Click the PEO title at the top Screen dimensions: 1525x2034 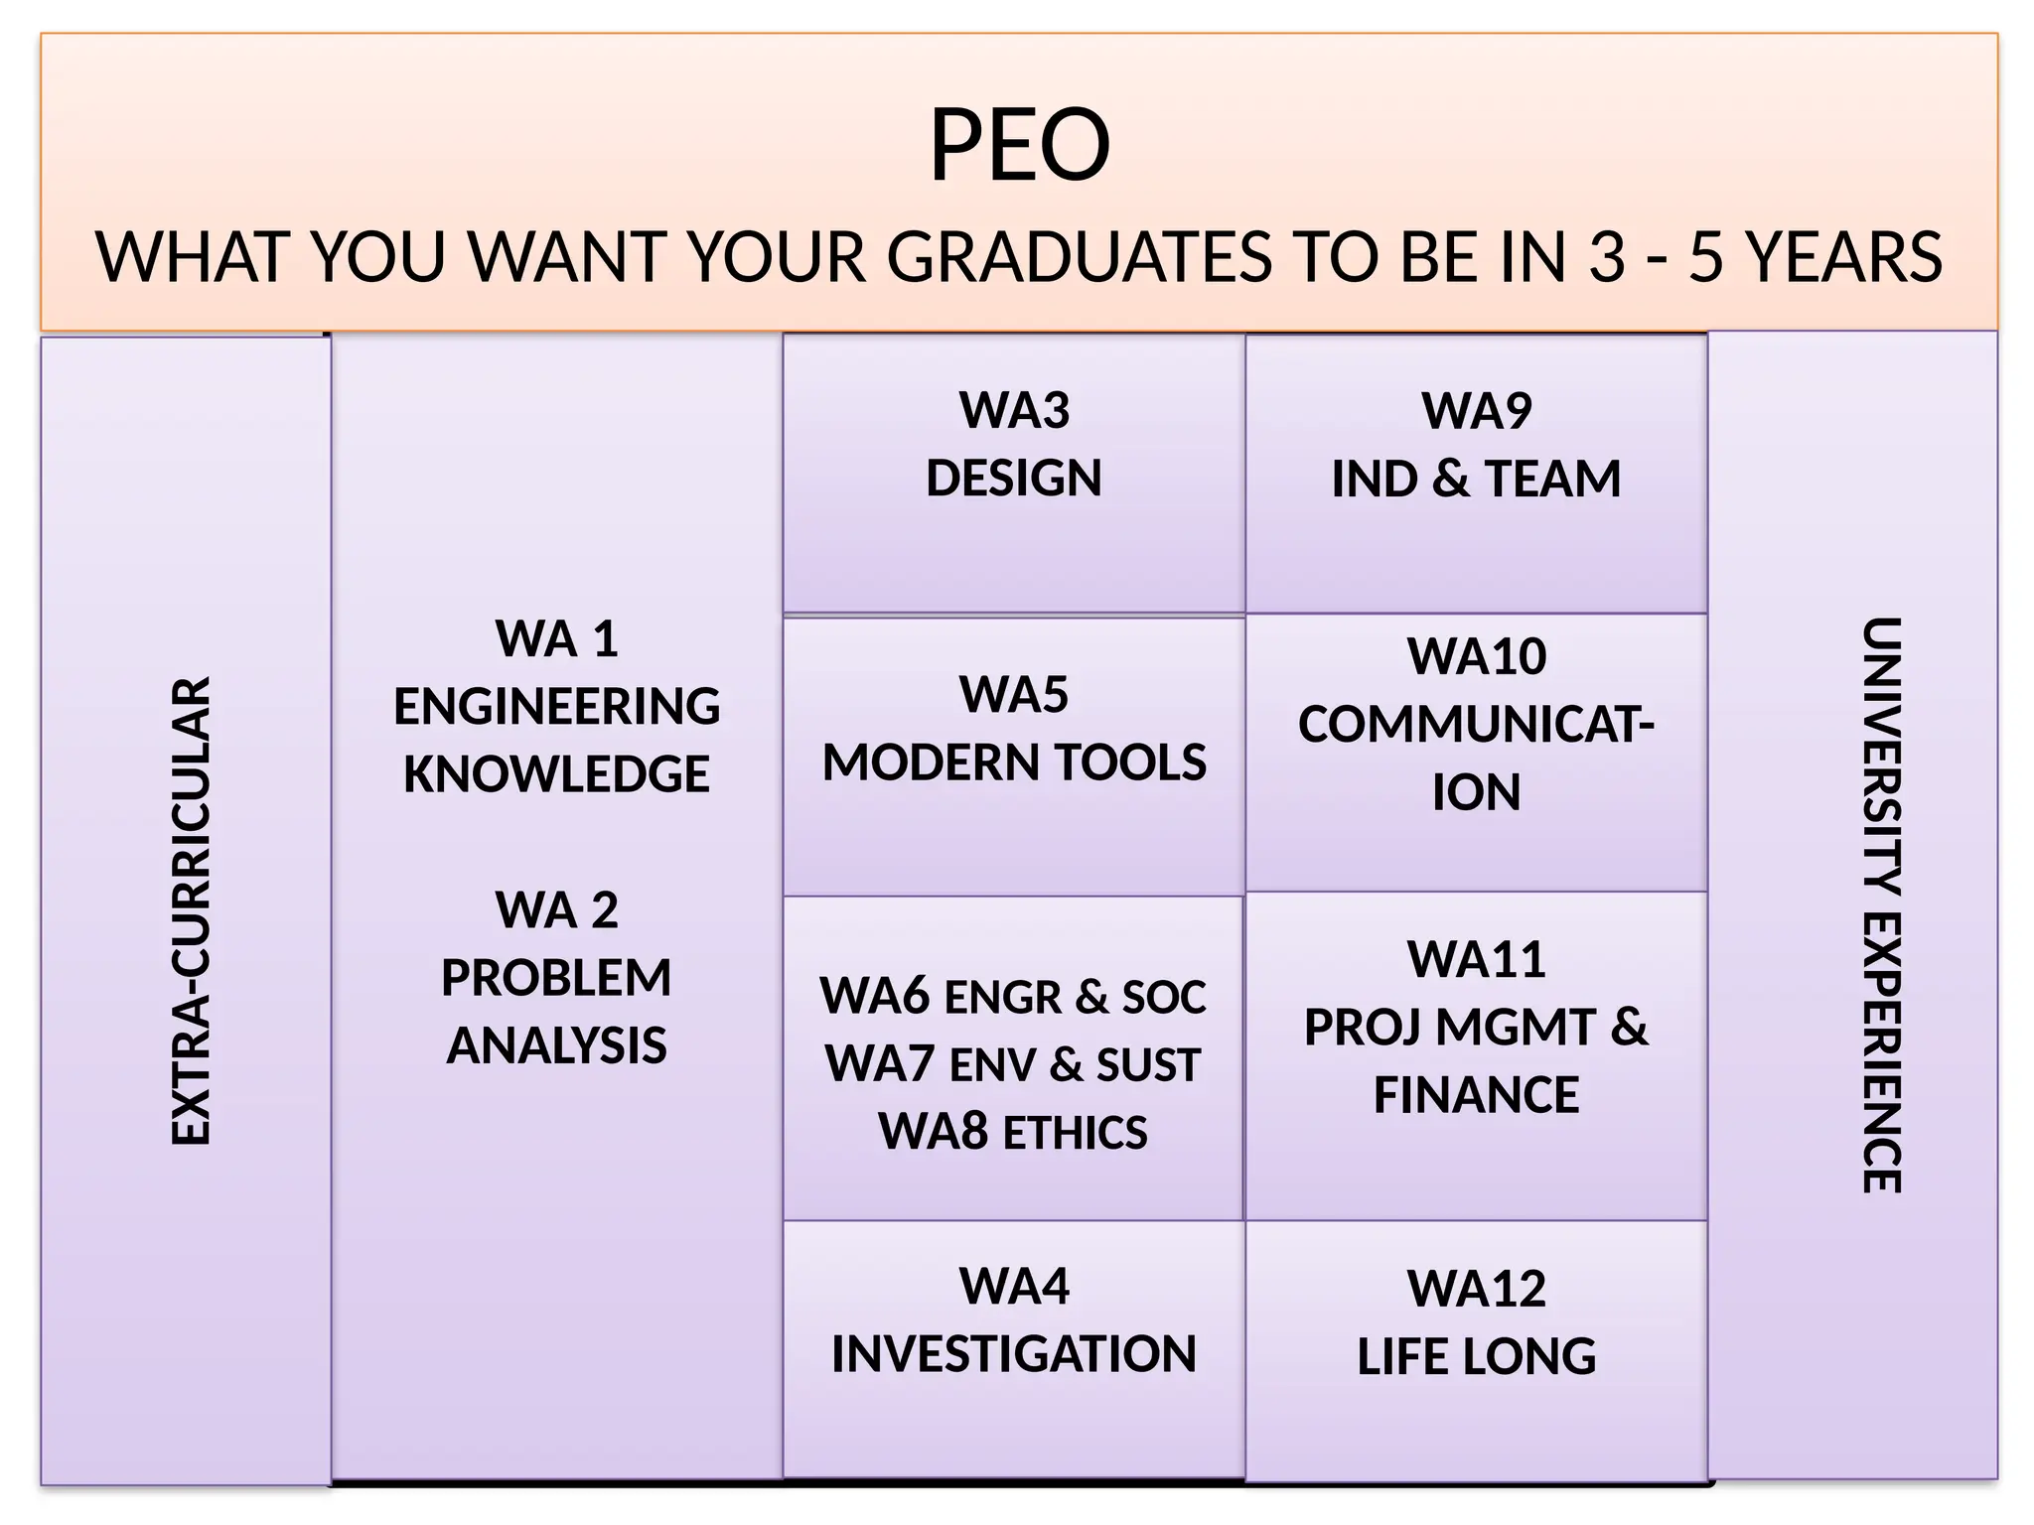click(x=1019, y=146)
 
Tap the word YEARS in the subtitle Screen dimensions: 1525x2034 click(x=1843, y=257)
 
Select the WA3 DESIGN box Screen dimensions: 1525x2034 click(x=1014, y=473)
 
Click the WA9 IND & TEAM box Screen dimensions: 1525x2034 click(x=1476, y=473)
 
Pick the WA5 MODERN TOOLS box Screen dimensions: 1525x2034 click(x=1014, y=757)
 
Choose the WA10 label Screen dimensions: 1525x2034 click(x=1476, y=656)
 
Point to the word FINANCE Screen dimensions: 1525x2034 click(x=1476, y=1095)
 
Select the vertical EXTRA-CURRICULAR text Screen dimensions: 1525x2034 click(x=190, y=910)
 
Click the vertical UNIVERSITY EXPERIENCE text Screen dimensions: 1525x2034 click(x=1880, y=904)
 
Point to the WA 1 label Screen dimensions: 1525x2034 click(x=556, y=638)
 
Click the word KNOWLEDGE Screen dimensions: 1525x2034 click(x=556, y=774)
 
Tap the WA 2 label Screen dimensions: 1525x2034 click(x=556, y=910)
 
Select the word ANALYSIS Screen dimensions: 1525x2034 click(x=556, y=1045)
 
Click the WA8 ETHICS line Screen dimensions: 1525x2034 click(x=1013, y=1132)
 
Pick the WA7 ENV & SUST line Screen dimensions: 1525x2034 click(x=1013, y=1064)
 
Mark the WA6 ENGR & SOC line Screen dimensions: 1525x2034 click(x=1013, y=997)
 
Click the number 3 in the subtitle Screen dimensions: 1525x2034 click(x=1607, y=257)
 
